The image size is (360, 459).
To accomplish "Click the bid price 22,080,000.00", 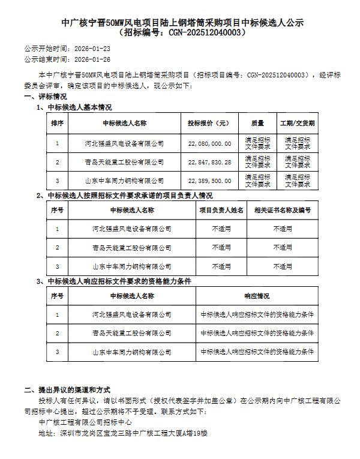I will tap(209, 144).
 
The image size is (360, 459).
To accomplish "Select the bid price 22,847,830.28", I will tap(209, 162).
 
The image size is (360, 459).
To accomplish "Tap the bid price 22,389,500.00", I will tap(209, 180).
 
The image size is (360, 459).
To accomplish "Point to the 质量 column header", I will tap(258, 123).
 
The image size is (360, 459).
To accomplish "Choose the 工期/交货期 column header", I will tap(298, 123).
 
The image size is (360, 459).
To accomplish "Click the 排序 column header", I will tap(57, 123).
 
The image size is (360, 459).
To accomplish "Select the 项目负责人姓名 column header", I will tap(221, 210).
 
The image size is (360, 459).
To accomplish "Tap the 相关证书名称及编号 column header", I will tap(283, 210).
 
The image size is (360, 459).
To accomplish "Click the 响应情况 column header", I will tap(257, 296).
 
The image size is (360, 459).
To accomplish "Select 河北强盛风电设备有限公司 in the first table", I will tap(124, 144).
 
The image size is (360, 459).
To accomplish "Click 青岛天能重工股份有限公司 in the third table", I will tap(132, 332).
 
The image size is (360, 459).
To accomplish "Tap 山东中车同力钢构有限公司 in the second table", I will tap(132, 266).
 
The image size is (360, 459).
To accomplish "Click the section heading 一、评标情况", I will tap(46, 97).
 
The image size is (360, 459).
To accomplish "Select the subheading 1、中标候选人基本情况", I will tap(74, 107).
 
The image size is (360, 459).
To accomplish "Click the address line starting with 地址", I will tap(122, 432).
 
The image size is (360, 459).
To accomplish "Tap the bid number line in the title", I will tap(183, 32).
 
